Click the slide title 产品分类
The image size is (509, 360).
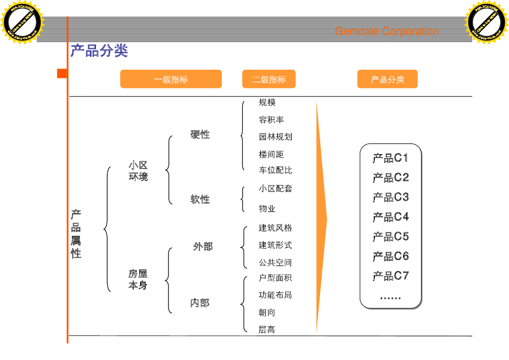coord(99,51)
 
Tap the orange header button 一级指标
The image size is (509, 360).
coord(170,79)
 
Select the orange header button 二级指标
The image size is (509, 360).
coord(269,79)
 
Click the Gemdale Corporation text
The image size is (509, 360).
coord(387,31)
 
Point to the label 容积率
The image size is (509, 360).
coord(271,120)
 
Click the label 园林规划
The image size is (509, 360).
coord(275,137)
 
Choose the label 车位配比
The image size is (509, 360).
coord(275,170)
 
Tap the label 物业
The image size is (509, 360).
coord(267,209)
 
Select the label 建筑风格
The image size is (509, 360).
coord(275,228)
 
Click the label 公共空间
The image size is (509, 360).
coord(275,263)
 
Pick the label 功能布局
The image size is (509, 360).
coord(275,295)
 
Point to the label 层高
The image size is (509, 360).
coord(267,330)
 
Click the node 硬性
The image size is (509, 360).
coord(200,135)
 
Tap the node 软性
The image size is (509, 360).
coord(200,199)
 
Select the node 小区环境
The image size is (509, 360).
coord(138,171)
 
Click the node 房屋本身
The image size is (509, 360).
coord(138,279)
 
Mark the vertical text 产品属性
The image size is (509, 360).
coord(76,234)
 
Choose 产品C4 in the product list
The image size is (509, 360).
coord(391,217)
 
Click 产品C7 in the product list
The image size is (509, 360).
coord(391,276)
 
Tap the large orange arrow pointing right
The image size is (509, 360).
coord(321,218)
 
